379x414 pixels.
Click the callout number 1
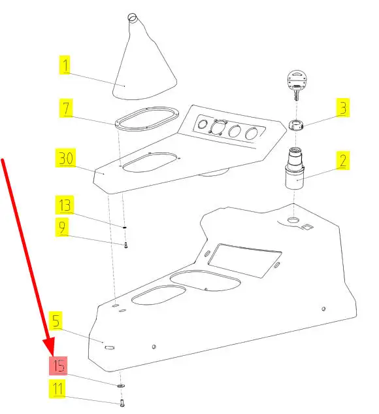pyautogui.click(x=65, y=65)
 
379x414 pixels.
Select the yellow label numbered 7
pyautogui.click(x=66, y=108)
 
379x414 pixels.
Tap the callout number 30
pyautogui.click(x=66, y=158)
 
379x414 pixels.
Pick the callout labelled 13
pyautogui.click(x=65, y=205)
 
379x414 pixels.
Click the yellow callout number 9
pyautogui.click(x=62, y=227)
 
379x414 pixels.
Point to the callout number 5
pyautogui.click(x=56, y=320)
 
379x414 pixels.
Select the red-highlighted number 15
pyautogui.click(x=58, y=366)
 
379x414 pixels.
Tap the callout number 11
pyautogui.click(x=58, y=388)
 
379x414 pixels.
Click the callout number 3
pyautogui.click(x=343, y=107)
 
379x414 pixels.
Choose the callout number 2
pyautogui.click(x=343, y=160)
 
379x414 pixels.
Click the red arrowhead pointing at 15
pyautogui.click(x=49, y=346)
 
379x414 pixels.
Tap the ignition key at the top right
pyautogui.click(x=297, y=85)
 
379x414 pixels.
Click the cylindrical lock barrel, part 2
pyautogui.click(x=295, y=168)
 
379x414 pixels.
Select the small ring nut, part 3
pyautogui.click(x=296, y=125)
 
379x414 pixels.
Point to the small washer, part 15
pyautogui.click(x=121, y=386)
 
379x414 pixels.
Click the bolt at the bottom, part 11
pyautogui.click(x=122, y=403)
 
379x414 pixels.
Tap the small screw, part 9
pyautogui.click(x=126, y=245)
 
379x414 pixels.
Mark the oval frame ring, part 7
pyautogui.click(x=147, y=119)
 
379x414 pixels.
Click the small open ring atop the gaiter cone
pyautogui.click(x=132, y=17)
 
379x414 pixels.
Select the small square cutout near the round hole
pyautogui.click(x=306, y=227)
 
